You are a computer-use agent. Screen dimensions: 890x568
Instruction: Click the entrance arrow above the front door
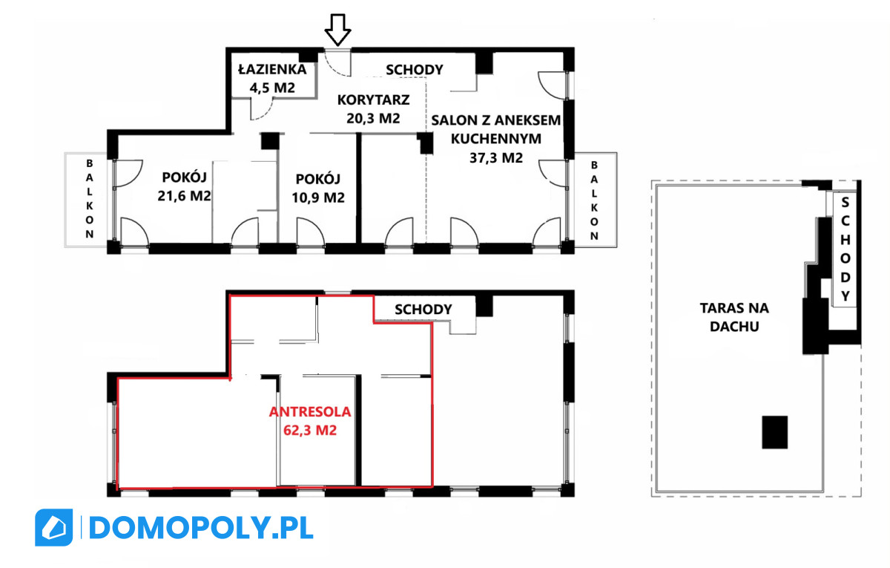[x=337, y=30]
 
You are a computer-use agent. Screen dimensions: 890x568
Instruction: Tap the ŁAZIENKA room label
[x=273, y=69]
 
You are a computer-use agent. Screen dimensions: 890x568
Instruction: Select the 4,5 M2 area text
[x=273, y=88]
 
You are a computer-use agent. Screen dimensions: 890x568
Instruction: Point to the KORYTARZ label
[x=374, y=99]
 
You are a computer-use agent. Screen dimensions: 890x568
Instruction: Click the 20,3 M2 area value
[x=374, y=118]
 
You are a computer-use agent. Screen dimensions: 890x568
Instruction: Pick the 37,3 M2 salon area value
[x=496, y=158]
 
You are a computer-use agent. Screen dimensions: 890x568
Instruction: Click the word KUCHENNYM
[x=496, y=139]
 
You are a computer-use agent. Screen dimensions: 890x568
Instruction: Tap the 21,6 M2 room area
[x=184, y=196]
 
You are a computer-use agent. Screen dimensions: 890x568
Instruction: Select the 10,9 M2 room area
[x=318, y=198]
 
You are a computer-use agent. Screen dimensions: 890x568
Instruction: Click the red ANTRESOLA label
[x=310, y=411]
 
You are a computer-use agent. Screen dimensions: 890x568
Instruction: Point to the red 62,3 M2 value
[x=310, y=430]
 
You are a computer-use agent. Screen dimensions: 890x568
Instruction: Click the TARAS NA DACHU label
[x=734, y=317]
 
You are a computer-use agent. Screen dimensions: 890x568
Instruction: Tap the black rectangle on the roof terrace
[x=775, y=432]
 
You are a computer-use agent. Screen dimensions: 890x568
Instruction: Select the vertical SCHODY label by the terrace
[x=845, y=249]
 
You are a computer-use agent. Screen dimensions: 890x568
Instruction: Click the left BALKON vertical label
[x=90, y=198]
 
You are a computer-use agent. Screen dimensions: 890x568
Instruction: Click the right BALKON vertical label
[x=594, y=200]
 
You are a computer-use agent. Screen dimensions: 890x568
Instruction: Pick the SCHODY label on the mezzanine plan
[x=423, y=310]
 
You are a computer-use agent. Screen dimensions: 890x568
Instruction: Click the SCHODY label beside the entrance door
[x=415, y=70]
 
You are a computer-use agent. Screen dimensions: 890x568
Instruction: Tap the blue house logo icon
[x=54, y=527]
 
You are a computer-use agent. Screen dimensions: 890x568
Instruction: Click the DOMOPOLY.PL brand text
[x=202, y=528]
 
